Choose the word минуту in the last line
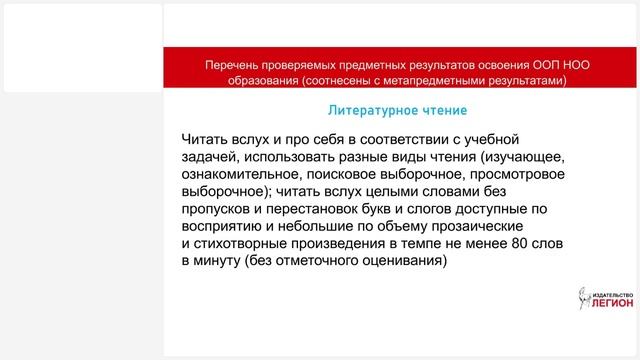point(219,260)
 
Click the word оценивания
point(401,260)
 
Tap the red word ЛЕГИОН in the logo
point(609,305)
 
